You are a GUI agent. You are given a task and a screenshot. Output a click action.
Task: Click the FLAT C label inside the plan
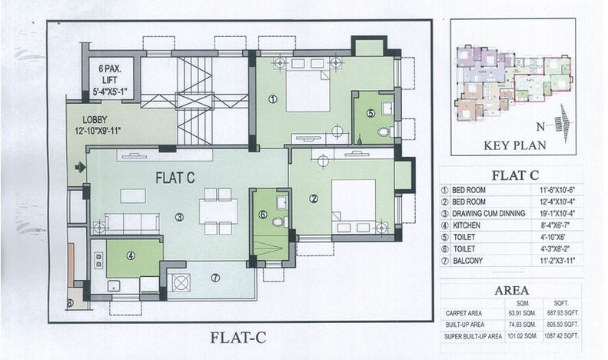pyautogui.click(x=175, y=178)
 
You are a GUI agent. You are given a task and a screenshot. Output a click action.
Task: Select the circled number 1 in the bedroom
pyautogui.click(x=272, y=98)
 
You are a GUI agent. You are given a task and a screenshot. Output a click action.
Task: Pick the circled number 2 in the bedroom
pyautogui.click(x=314, y=198)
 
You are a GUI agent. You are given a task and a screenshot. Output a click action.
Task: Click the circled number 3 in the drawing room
pyautogui.click(x=179, y=217)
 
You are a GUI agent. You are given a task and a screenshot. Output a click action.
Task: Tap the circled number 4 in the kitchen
pyautogui.click(x=131, y=256)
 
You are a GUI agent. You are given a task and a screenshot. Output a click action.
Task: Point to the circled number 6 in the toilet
pyautogui.click(x=262, y=215)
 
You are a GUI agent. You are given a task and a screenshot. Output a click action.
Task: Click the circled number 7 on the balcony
pyautogui.click(x=215, y=277)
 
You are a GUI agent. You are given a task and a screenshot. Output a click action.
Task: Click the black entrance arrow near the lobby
pyautogui.click(x=79, y=166)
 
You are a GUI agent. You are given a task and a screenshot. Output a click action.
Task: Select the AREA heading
pyautogui.click(x=510, y=291)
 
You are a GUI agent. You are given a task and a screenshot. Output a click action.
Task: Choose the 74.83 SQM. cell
pyautogui.click(x=520, y=325)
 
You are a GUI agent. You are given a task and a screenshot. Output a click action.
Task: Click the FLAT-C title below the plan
pyautogui.click(x=239, y=336)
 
